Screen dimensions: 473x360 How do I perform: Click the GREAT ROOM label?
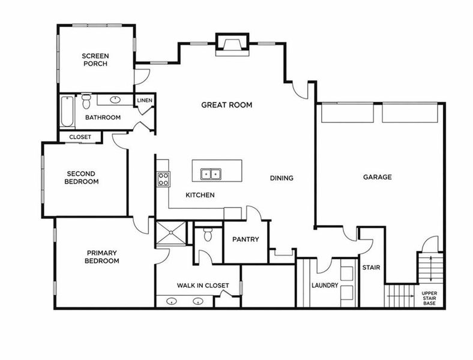click(x=226, y=105)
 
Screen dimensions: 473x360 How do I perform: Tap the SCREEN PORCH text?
click(x=95, y=59)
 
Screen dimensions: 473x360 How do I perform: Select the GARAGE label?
click(x=378, y=177)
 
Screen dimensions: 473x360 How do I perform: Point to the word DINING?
click(x=282, y=178)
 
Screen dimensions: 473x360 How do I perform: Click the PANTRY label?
click(x=246, y=239)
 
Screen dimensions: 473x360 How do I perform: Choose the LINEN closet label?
click(x=145, y=100)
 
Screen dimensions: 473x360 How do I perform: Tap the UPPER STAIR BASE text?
click(x=429, y=298)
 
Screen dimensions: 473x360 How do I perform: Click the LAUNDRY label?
click(x=325, y=285)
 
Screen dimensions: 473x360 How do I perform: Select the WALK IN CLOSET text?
click(x=203, y=285)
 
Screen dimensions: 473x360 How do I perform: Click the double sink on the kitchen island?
click(x=211, y=174)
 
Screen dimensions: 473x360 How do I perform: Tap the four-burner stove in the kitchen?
click(x=163, y=179)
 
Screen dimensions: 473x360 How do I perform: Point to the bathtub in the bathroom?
click(x=67, y=111)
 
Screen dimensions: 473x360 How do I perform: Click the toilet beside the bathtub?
click(x=86, y=101)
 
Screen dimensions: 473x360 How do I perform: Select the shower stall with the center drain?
click(x=171, y=232)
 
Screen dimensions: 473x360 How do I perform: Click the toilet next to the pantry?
click(x=208, y=234)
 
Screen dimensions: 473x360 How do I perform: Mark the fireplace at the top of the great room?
click(x=232, y=44)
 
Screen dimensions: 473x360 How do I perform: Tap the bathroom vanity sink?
click(x=115, y=100)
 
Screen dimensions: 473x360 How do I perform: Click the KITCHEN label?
click(x=200, y=195)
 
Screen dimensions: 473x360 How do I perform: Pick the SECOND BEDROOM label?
click(x=82, y=178)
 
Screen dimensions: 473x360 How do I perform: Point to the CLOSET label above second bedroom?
click(x=80, y=137)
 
